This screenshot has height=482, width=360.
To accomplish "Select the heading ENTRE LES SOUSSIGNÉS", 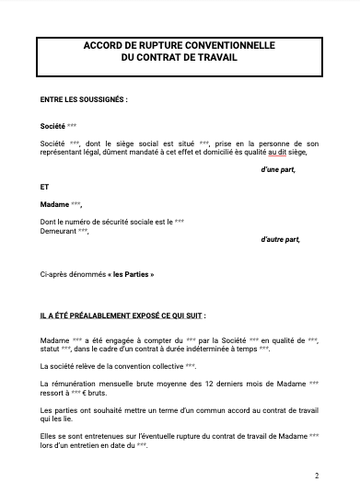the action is [85, 98].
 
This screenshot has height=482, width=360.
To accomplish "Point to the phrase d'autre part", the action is [280, 239].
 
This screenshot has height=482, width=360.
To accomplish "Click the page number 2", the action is [316, 476].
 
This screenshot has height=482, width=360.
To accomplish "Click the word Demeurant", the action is [58, 231].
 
